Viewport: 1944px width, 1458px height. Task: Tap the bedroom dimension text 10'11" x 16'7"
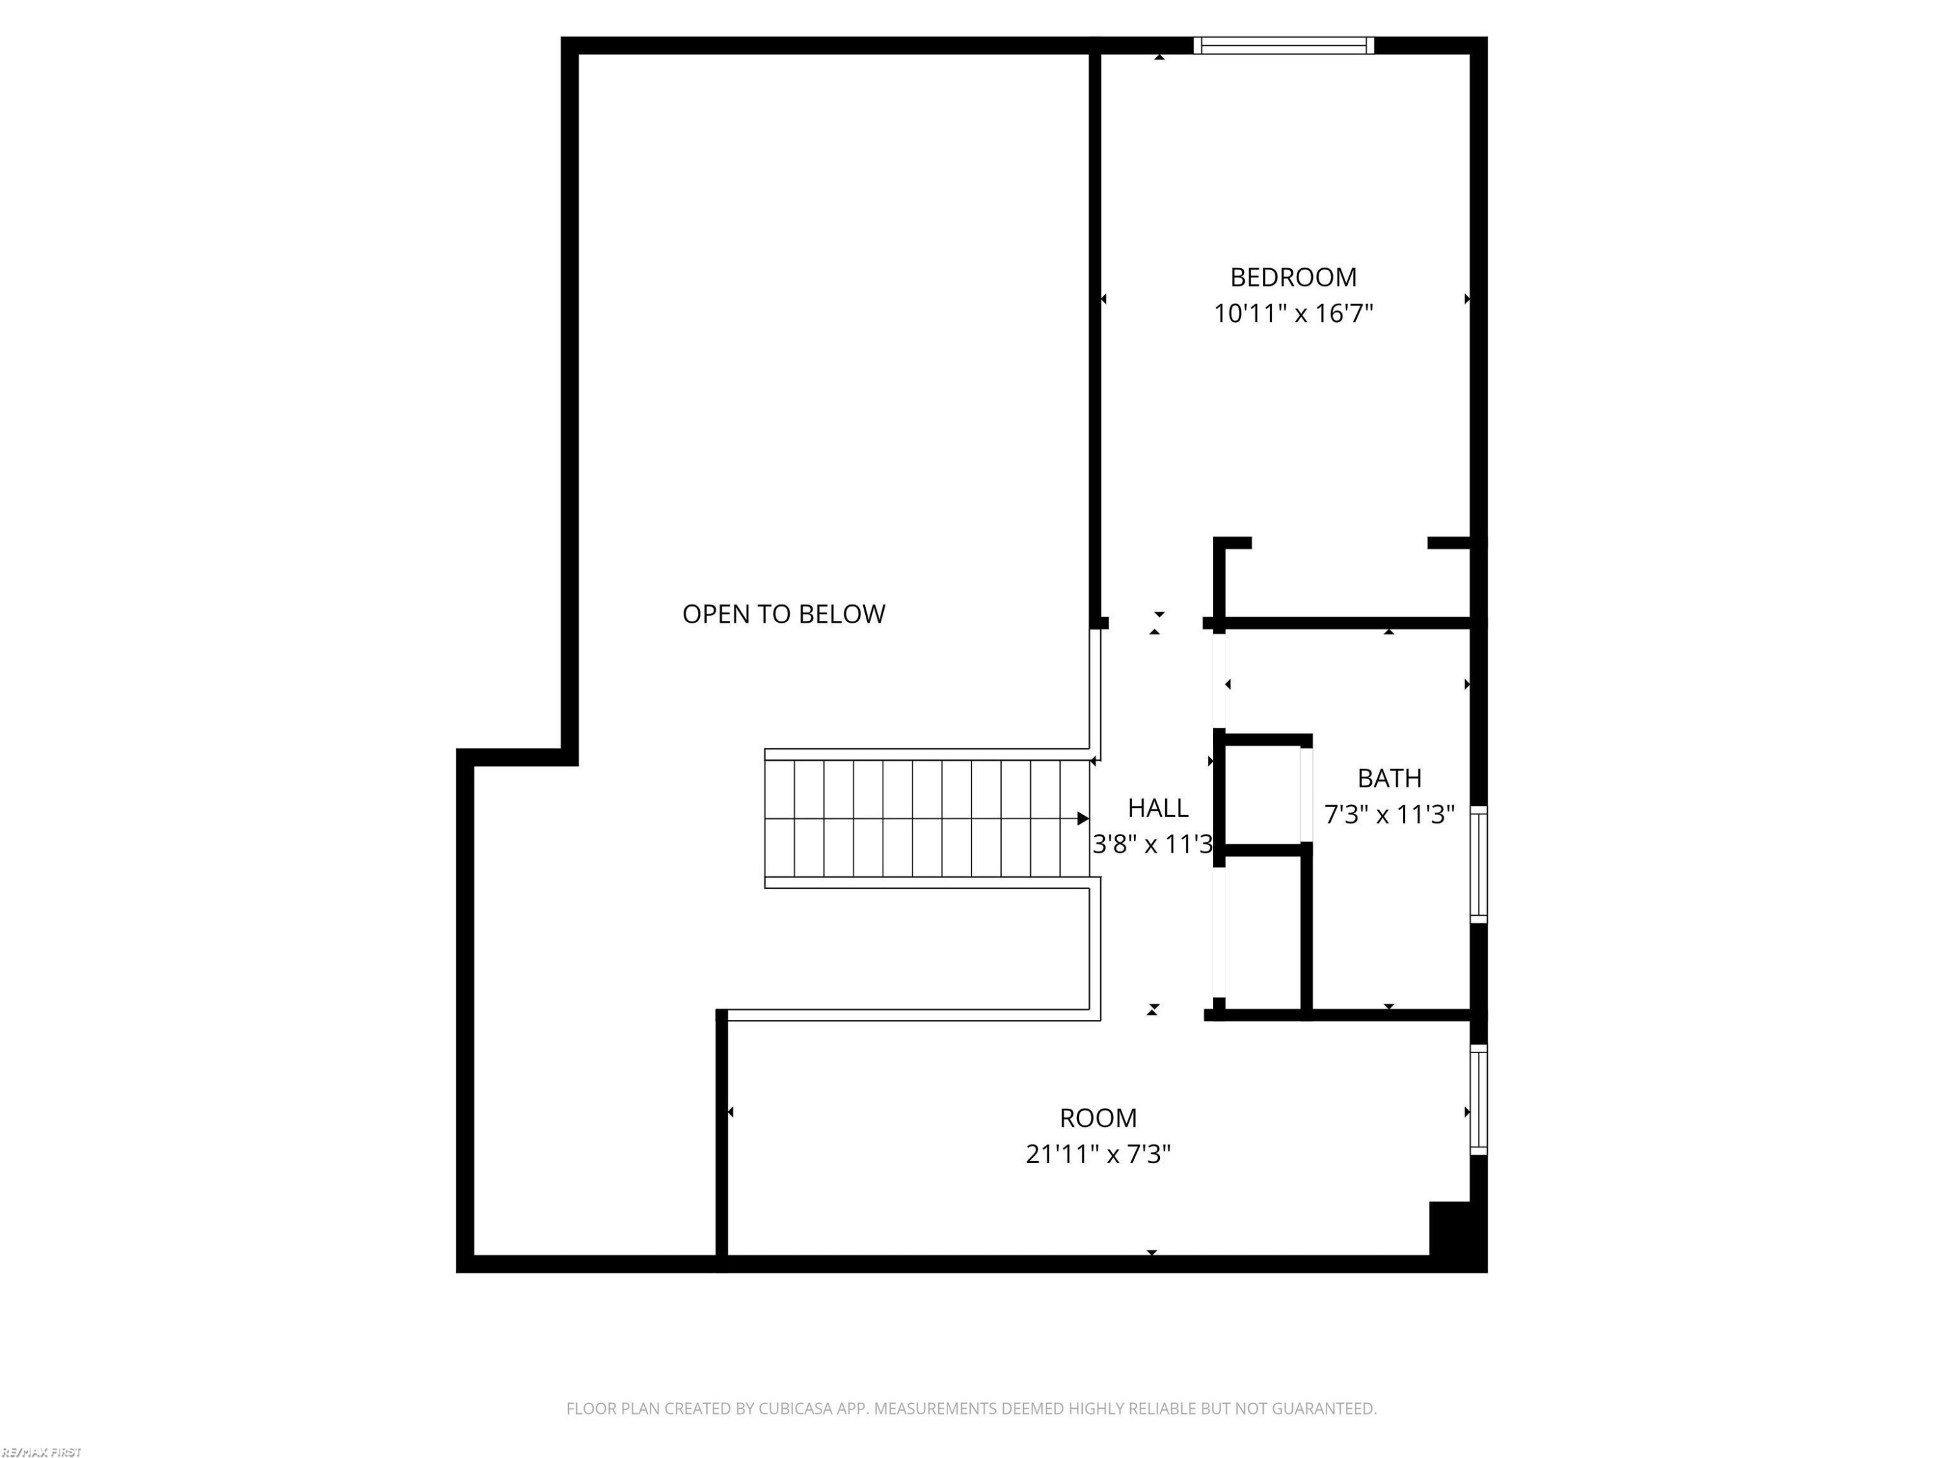[1293, 314]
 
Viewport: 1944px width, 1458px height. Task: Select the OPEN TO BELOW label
[784, 614]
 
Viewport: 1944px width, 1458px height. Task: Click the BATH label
[1389, 779]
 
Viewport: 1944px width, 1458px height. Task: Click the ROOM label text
[1098, 1118]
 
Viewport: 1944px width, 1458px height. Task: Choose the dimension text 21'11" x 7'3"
[1098, 1154]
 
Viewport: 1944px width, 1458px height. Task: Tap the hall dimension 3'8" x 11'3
[1152, 844]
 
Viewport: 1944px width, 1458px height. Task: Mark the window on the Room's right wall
[1479, 1100]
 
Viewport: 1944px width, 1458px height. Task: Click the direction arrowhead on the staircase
[1083, 819]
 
